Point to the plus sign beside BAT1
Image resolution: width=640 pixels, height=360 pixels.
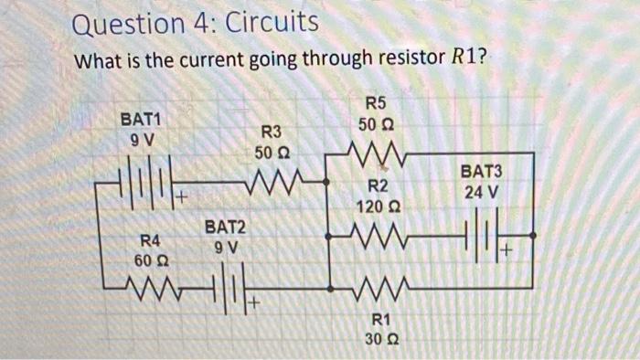[x=182, y=196]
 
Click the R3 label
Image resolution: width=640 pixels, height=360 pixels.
[x=273, y=132]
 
